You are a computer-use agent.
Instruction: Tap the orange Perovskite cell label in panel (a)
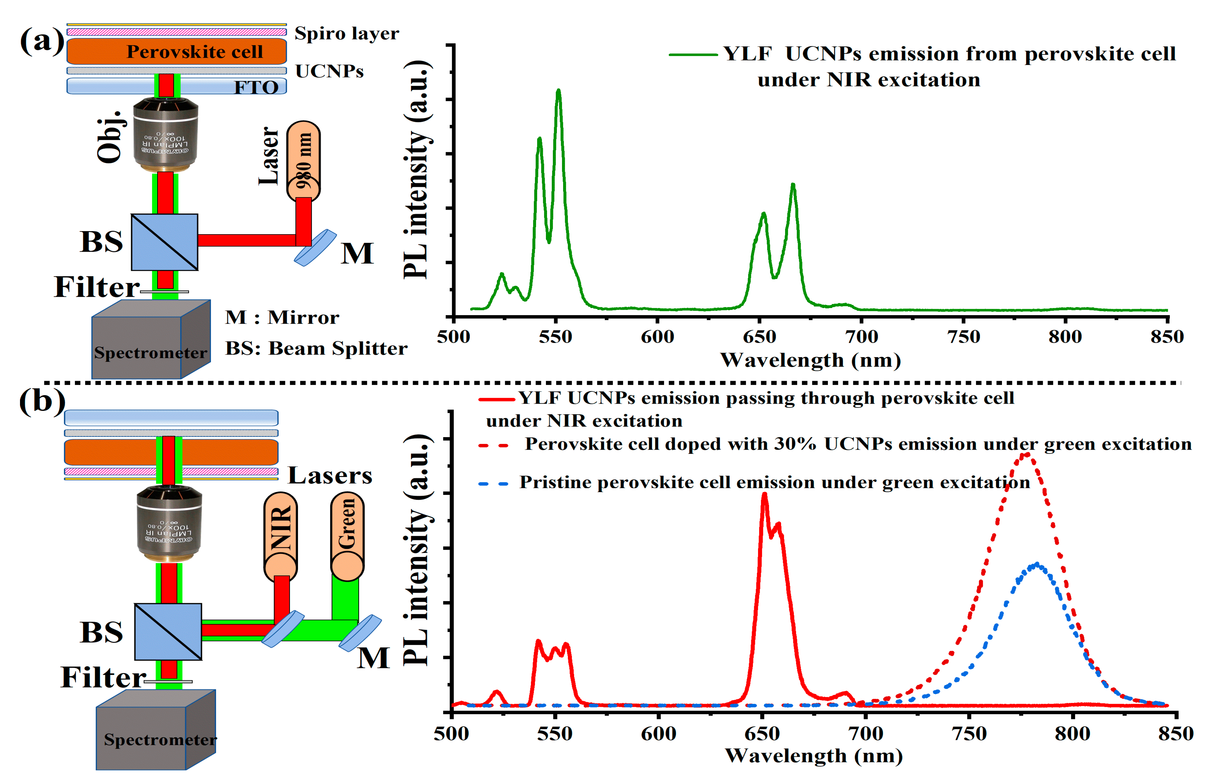195,52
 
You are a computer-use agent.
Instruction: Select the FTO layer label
256,87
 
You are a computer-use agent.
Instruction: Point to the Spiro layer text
347,34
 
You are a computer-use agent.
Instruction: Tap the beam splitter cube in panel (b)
168,631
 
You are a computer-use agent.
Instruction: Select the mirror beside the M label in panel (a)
315,247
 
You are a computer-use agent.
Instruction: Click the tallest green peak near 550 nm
558,91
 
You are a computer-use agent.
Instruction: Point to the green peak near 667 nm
793,186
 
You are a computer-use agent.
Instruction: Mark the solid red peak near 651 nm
764,495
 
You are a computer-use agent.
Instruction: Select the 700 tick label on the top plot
862,337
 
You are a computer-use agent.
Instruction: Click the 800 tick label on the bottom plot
1072,734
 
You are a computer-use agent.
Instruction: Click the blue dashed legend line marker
493,484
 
